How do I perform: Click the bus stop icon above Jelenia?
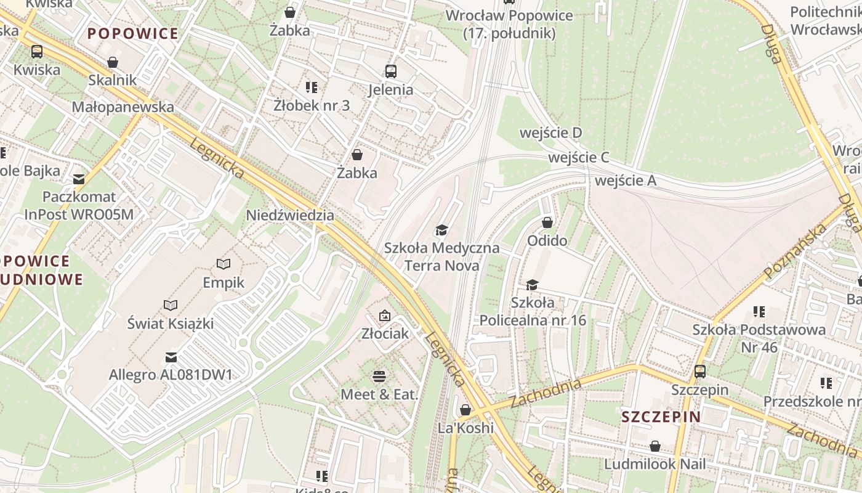pyautogui.click(x=391, y=71)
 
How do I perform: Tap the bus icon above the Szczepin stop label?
pyautogui.click(x=700, y=371)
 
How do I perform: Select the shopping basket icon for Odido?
pyautogui.click(x=547, y=222)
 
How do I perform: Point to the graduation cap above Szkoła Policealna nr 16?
pyautogui.click(x=533, y=285)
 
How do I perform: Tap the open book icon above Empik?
pyautogui.click(x=224, y=264)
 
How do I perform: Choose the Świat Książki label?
pyautogui.click(x=171, y=322)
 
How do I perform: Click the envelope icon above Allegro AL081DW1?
pyautogui.click(x=171, y=357)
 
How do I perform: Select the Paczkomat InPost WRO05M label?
pyautogui.click(x=79, y=206)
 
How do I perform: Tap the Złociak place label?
pyautogui.click(x=385, y=333)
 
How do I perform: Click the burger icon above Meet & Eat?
pyautogui.click(x=379, y=375)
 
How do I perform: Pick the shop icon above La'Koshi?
pyautogui.click(x=465, y=410)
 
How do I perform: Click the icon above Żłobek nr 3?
pyautogui.click(x=312, y=88)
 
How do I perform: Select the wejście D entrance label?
pyautogui.click(x=551, y=132)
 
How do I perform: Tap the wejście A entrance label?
pyautogui.click(x=626, y=181)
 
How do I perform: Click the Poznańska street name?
pyautogui.click(x=795, y=251)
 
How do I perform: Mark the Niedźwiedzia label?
pyautogui.click(x=290, y=215)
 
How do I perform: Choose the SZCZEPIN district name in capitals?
pyautogui.click(x=661, y=417)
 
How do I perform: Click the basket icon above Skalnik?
pyautogui.click(x=112, y=62)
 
